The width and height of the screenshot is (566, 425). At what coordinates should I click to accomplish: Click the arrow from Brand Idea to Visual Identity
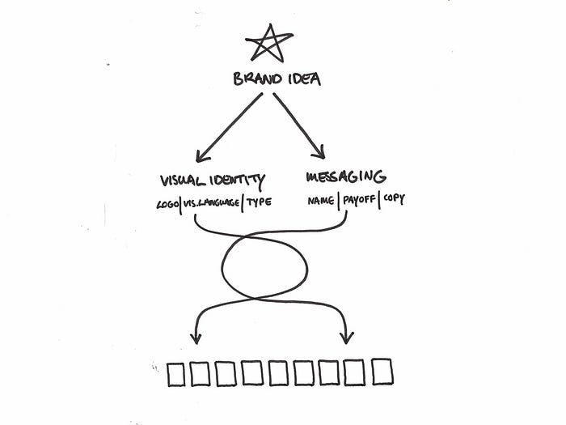[x=228, y=126]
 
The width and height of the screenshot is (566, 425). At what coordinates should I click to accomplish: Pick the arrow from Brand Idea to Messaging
[x=299, y=126]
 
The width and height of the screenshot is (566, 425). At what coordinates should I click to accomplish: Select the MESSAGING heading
[x=346, y=176]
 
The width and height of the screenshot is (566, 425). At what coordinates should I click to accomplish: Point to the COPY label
[x=394, y=199]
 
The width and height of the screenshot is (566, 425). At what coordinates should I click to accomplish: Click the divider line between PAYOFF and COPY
[x=380, y=199]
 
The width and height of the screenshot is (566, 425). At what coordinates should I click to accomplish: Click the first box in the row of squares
[x=177, y=373]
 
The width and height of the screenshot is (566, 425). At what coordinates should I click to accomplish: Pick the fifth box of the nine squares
[x=280, y=373]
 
